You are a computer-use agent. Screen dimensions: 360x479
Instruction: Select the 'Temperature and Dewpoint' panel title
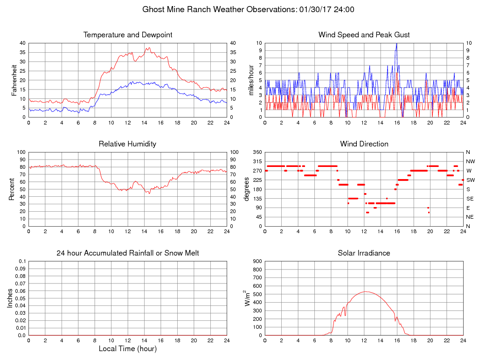coord(128,35)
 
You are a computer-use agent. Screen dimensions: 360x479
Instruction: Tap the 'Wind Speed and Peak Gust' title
coord(364,35)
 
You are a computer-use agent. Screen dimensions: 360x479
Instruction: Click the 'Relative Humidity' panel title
coord(128,144)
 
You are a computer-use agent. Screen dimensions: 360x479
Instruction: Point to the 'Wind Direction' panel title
coord(364,144)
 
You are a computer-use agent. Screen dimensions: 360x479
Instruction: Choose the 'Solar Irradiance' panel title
coord(364,253)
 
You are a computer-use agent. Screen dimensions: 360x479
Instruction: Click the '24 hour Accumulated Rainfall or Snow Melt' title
coord(128,253)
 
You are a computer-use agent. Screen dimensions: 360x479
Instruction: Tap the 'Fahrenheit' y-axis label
coord(14,80)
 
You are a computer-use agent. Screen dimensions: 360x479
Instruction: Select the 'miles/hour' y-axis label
coord(251,80)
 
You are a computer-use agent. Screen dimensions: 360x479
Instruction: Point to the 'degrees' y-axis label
coord(247,189)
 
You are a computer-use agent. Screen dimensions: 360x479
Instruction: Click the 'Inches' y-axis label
coord(10,298)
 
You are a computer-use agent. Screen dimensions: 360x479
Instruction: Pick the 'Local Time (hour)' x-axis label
coord(128,349)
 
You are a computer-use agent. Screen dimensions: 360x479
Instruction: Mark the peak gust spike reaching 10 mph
coord(396,43)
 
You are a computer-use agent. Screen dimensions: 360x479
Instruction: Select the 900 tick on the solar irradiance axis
coord(257,262)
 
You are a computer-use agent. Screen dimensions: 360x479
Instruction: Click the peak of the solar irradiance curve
coord(365,291)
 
